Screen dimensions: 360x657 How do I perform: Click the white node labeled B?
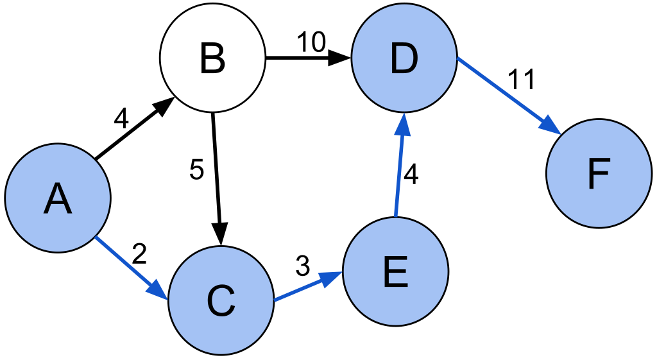click(x=212, y=58)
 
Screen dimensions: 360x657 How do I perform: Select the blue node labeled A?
click(x=58, y=198)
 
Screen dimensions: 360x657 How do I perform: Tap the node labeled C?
click(x=221, y=300)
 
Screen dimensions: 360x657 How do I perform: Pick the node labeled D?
click(x=404, y=57)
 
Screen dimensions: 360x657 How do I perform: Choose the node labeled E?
click(x=395, y=271)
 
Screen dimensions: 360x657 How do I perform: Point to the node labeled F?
click(x=599, y=173)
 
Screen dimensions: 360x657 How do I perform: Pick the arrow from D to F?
click(x=504, y=92)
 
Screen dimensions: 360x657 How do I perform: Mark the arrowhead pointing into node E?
click(x=330, y=278)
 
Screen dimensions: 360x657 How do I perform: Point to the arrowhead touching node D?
click(x=402, y=124)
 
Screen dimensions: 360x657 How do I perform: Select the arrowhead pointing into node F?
click(x=550, y=125)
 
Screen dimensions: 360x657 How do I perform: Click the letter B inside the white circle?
click(x=212, y=58)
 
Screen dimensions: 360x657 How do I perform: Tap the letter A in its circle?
click(x=58, y=198)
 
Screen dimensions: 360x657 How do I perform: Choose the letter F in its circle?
click(x=599, y=174)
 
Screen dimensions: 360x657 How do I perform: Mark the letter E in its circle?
click(x=395, y=272)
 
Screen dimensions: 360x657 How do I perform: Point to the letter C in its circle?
click(x=221, y=301)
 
